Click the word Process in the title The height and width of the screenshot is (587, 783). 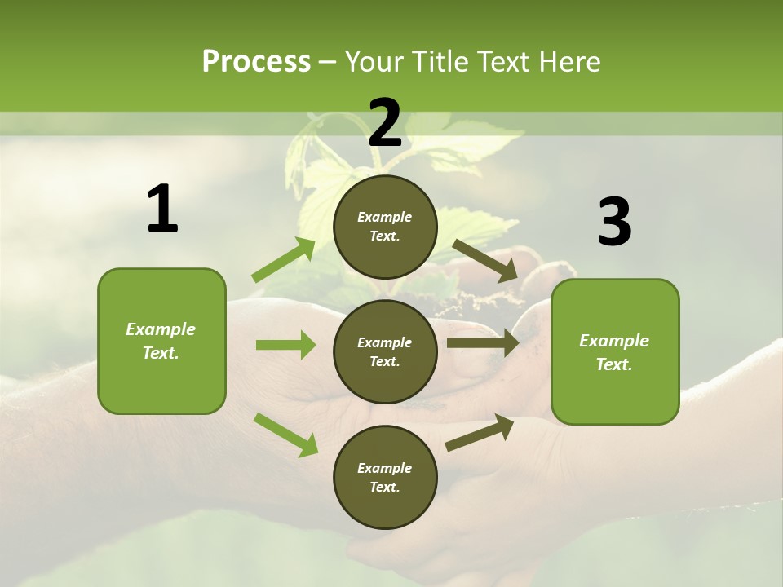(x=256, y=62)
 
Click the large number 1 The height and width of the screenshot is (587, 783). (x=162, y=210)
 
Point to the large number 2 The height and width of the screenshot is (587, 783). (x=385, y=123)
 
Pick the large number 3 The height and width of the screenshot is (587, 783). (x=614, y=223)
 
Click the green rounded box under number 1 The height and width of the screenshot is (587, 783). (x=161, y=341)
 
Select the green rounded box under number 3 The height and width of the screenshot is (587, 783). (x=615, y=351)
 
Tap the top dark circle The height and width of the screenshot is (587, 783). (x=385, y=227)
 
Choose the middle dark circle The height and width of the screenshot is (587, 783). (x=385, y=351)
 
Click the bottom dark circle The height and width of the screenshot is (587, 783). (x=385, y=477)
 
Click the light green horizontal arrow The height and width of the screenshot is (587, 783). (x=285, y=345)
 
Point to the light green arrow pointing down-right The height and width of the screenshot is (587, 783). (x=285, y=434)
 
